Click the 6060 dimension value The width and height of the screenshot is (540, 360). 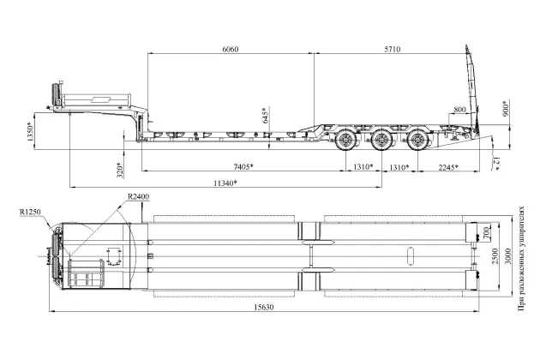tap(230, 49)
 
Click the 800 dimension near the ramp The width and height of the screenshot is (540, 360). tap(460, 111)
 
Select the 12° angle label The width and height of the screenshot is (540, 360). tap(497, 162)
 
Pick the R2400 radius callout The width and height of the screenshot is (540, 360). tap(138, 197)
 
